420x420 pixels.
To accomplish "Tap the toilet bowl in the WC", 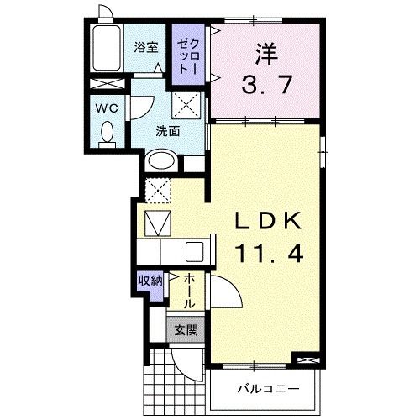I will pyautogui.click(x=107, y=133).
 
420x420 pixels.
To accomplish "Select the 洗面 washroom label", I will pyautogui.click(x=167, y=130).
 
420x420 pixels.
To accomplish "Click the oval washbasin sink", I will pyautogui.click(x=161, y=161).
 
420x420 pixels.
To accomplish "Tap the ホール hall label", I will pyautogui.click(x=189, y=288).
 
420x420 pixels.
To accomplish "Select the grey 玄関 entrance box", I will pyautogui.click(x=186, y=329).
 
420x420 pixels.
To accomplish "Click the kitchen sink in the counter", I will pyautogui.click(x=195, y=252).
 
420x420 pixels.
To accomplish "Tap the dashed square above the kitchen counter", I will pyautogui.click(x=157, y=190).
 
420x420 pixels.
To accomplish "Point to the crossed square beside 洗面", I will pyautogui.click(x=186, y=105).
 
